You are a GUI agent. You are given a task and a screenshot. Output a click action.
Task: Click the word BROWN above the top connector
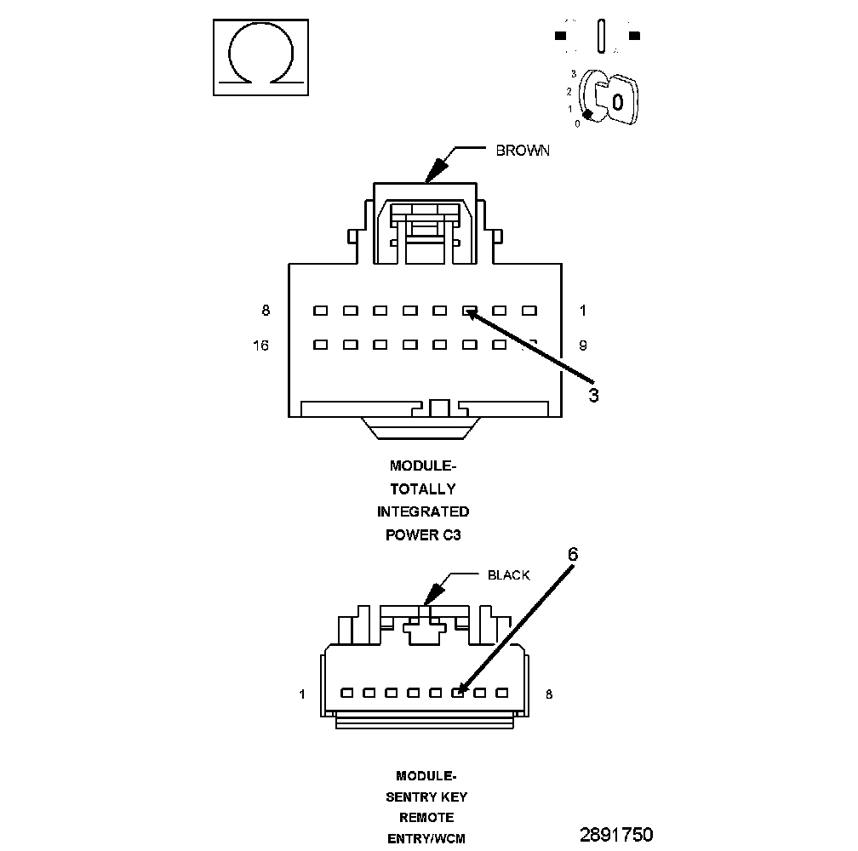(x=523, y=151)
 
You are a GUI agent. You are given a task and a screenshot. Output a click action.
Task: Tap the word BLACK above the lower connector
(x=508, y=575)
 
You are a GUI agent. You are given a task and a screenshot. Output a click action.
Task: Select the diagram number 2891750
(x=616, y=834)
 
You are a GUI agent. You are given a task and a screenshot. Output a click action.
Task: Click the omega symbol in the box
(x=260, y=57)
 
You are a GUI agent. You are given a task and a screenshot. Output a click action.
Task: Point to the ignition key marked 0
(x=617, y=102)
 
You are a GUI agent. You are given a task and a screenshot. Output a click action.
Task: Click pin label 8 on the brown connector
(x=266, y=311)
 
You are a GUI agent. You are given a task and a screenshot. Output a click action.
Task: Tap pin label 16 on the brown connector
(x=260, y=346)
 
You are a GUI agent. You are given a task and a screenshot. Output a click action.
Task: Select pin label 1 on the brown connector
(x=583, y=311)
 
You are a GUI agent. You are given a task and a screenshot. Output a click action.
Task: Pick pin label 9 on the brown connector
(x=583, y=346)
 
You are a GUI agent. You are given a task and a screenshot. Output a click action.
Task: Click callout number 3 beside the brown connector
(x=593, y=396)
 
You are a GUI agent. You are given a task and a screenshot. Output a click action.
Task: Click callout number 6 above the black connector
(x=573, y=554)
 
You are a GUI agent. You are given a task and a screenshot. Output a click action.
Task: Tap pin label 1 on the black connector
(x=301, y=694)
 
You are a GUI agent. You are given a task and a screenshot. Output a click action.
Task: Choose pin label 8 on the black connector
(x=549, y=694)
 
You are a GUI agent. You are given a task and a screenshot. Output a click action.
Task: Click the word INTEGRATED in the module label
(x=423, y=511)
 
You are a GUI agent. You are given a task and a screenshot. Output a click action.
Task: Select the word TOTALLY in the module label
(x=423, y=488)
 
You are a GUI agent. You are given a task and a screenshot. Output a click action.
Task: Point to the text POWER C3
(x=423, y=534)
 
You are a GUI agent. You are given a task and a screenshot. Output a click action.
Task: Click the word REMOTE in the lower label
(x=426, y=818)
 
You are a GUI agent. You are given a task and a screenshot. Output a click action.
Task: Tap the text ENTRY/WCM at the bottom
(x=426, y=838)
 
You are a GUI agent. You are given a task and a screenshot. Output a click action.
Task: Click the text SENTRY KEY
(x=426, y=797)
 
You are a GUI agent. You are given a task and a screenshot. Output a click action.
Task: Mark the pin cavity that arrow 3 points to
(x=469, y=311)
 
